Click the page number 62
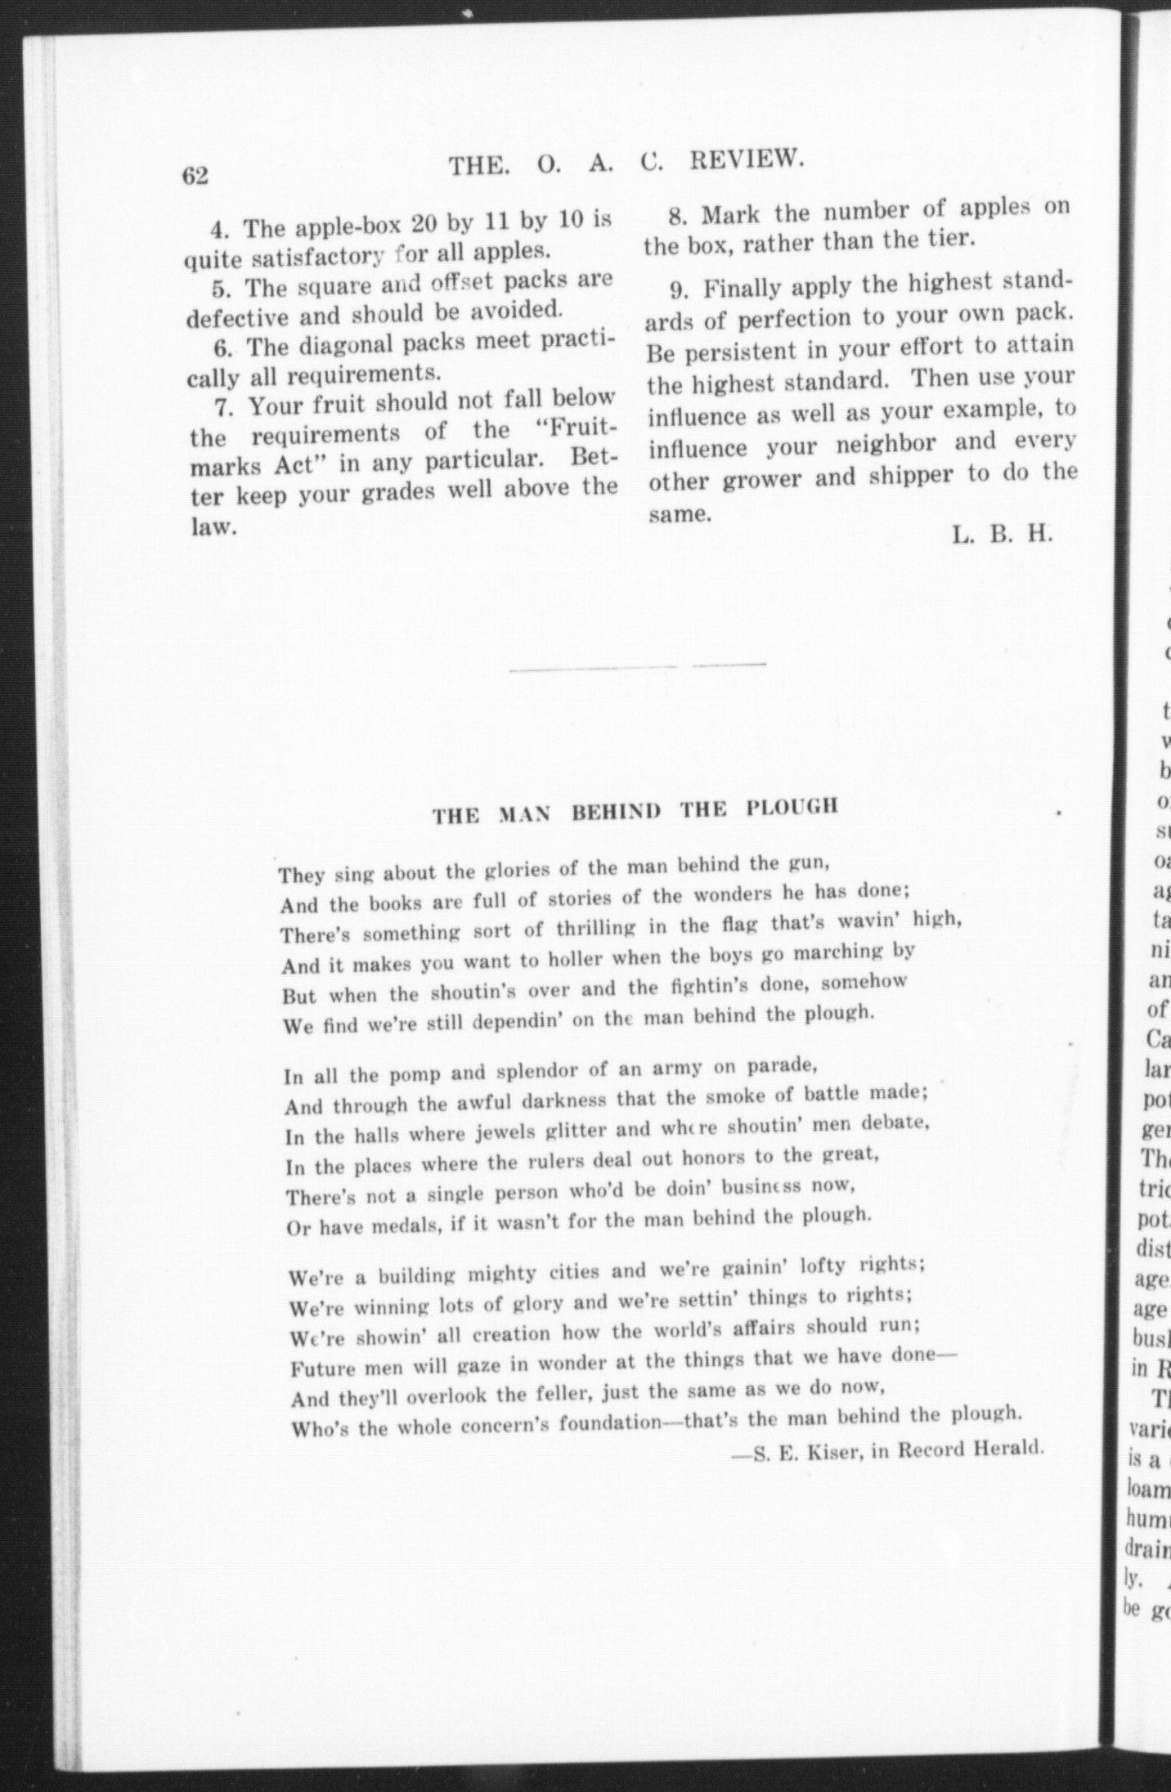[x=197, y=176]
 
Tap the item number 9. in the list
[x=682, y=289]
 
